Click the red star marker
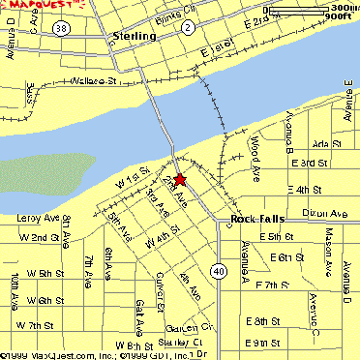click(179, 179)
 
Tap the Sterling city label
click(134, 36)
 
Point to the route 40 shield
click(222, 272)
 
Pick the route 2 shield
click(186, 27)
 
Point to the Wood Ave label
click(255, 149)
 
